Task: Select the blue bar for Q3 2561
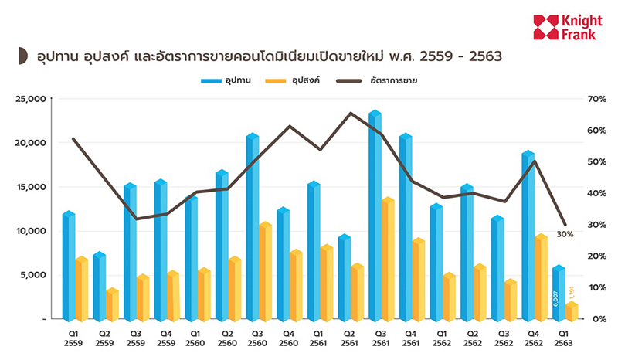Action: point(375,216)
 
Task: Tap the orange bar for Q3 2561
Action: point(388,259)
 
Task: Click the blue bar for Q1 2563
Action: point(559,294)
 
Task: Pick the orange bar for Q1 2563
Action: point(571,311)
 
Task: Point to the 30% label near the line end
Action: point(564,234)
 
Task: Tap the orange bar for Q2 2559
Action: point(112,304)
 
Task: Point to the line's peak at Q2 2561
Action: point(351,113)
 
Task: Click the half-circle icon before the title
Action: point(23,57)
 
